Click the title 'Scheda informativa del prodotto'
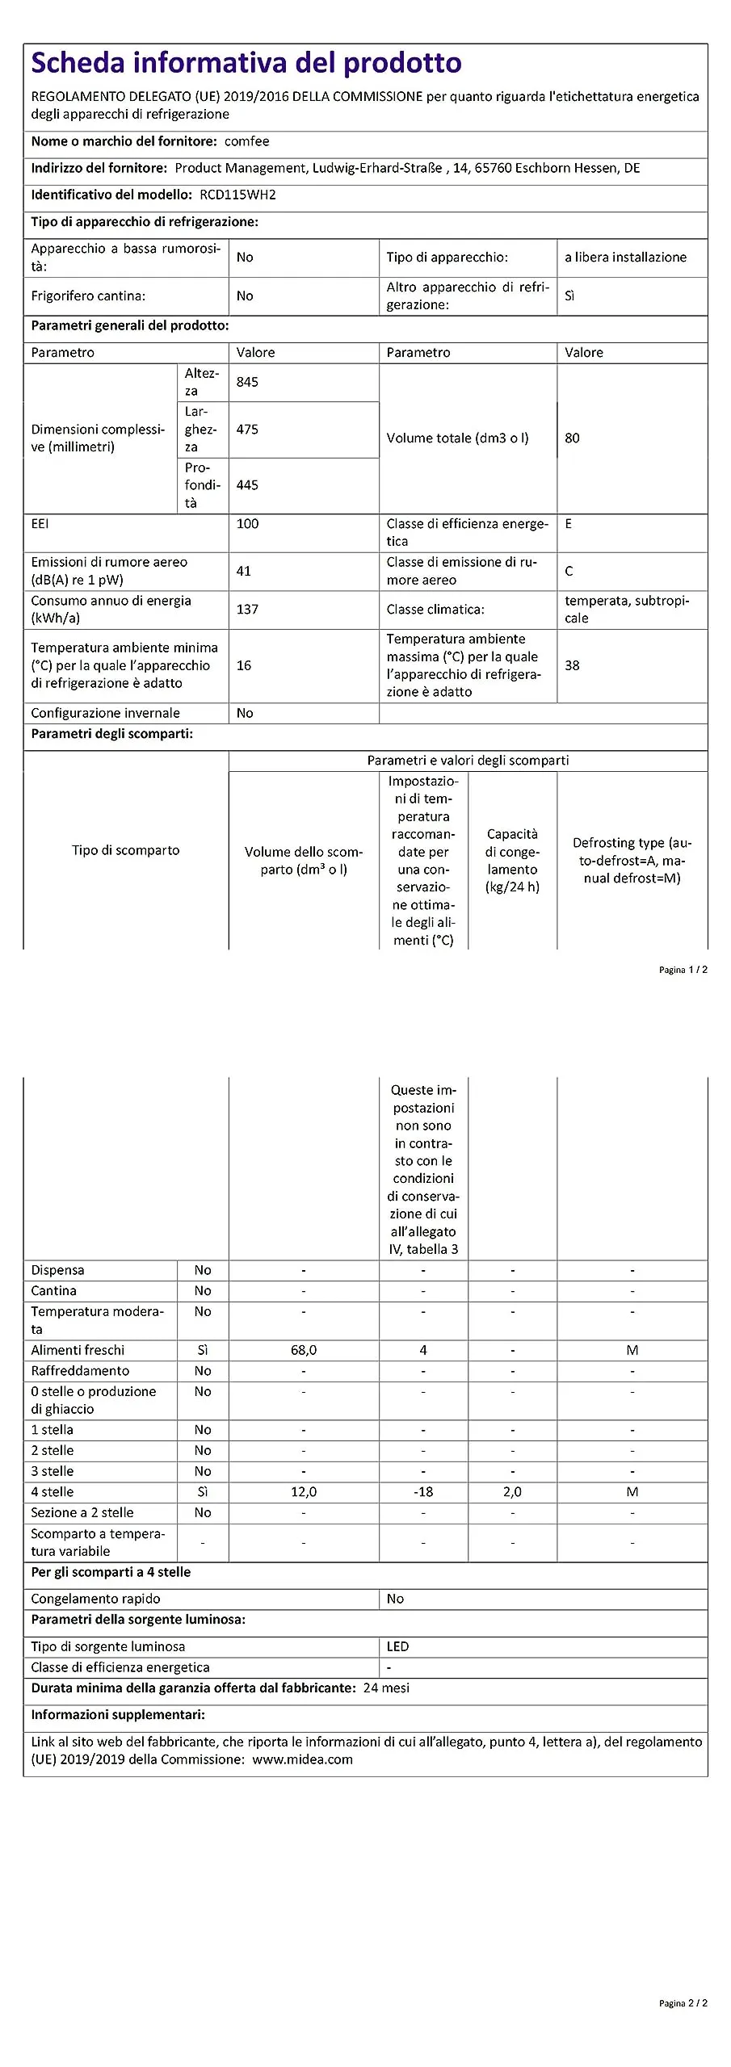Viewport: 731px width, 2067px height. [x=246, y=63]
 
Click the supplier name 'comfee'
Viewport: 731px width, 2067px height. [x=246, y=141]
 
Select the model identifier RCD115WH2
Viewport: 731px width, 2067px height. [x=237, y=195]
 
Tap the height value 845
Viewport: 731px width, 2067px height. [x=247, y=382]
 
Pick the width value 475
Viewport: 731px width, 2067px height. [x=247, y=430]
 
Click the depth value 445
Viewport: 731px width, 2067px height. [x=247, y=485]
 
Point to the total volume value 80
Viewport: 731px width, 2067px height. [x=572, y=438]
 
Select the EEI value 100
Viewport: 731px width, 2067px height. [x=247, y=524]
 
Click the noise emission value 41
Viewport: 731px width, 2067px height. [x=243, y=571]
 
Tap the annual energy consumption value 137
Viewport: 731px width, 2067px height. [x=247, y=610]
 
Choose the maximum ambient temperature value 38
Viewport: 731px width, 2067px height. [x=572, y=665]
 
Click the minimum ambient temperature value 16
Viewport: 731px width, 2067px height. [x=243, y=665]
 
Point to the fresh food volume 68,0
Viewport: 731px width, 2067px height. [x=304, y=1350]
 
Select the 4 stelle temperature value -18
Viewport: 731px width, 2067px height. [x=423, y=1492]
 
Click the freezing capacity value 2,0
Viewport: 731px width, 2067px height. [x=512, y=1492]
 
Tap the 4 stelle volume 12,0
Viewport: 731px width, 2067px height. [x=304, y=1492]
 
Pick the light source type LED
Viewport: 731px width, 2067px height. [x=397, y=1646]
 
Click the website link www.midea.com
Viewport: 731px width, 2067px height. [x=302, y=1759]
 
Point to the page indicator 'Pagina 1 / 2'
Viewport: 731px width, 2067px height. [x=683, y=970]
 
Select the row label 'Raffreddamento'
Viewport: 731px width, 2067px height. [x=80, y=1371]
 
